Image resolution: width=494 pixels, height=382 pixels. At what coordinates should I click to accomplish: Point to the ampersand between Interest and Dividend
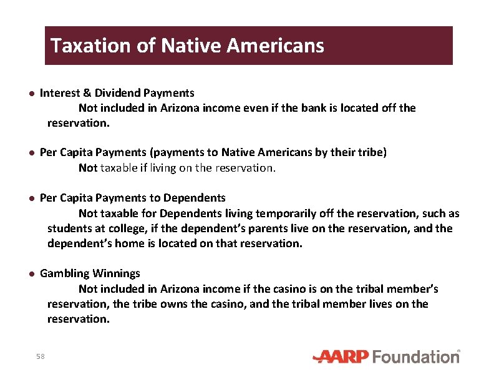[x=87, y=93]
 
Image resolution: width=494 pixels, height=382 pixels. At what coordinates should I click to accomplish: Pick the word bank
[x=316, y=108]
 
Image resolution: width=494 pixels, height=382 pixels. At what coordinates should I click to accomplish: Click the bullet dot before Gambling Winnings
[x=30, y=274]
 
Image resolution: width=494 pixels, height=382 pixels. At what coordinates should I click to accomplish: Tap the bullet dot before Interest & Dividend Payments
[x=30, y=94]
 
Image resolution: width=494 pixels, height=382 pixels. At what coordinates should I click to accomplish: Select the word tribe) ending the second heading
[x=372, y=153]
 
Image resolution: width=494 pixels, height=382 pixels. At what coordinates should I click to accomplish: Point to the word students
[x=69, y=228]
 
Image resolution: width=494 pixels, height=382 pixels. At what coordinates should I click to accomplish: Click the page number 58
[x=41, y=356]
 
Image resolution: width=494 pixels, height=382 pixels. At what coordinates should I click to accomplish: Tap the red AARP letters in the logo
[x=342, y=356]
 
